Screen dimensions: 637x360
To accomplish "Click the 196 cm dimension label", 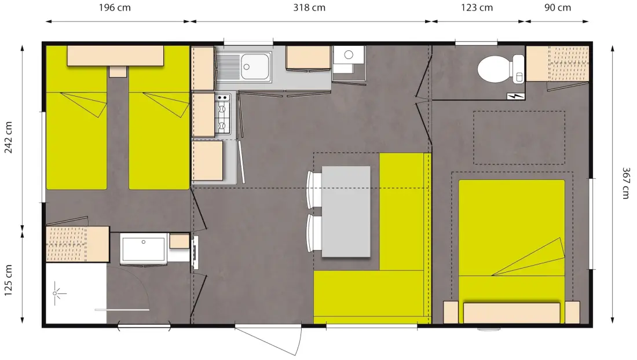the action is coord(115,8).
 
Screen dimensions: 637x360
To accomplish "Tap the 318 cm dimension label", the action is coord(309,8).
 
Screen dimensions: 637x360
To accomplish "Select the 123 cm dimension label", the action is coord(477,8).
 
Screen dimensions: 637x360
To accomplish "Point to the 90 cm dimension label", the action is coord(557,8).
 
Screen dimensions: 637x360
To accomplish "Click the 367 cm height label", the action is coord(625,183).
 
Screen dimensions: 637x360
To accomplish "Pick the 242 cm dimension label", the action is coord(9,137).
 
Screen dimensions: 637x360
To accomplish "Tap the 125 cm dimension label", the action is coord(9,280).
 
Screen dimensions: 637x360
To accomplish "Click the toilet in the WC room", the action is coord(501,69).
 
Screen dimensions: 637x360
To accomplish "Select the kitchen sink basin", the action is coord(255,66).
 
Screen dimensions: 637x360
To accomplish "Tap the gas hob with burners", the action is coord(222,113).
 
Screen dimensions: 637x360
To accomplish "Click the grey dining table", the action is coord(346,211).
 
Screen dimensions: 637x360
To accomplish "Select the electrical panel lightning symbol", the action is coord(516,97).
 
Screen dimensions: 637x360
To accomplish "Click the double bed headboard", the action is coord(511,313).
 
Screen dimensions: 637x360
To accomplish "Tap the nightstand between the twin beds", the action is coord(118,71).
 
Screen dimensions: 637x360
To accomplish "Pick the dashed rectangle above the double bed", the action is coord(519,138).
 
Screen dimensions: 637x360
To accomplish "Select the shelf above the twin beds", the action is coord(115,56).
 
